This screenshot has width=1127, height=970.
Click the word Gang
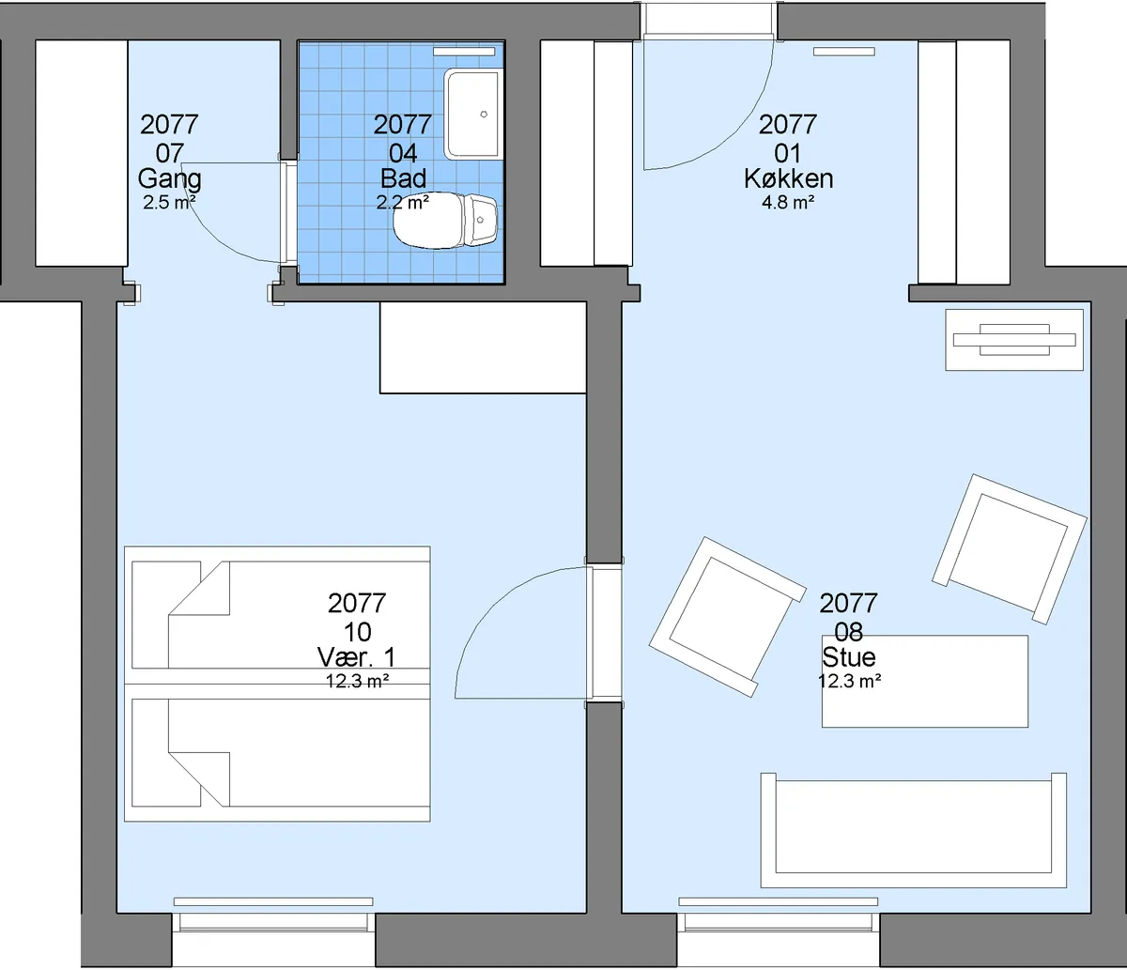[170, 179]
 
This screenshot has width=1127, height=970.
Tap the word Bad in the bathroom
[403, 178]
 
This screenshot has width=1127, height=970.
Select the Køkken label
[788, 178]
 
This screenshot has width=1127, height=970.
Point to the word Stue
[848, 657]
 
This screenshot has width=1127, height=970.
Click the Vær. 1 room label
[357, 657]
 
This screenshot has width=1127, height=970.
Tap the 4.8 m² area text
[788, 203]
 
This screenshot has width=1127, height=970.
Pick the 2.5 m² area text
[169, 203]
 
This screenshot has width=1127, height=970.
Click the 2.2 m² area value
[402, 203]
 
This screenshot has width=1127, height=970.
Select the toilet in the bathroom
[445, 221]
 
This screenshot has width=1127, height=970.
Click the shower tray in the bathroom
[473, 114]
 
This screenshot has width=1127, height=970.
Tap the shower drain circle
[484, 114]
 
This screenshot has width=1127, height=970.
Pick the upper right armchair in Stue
[1010, 549]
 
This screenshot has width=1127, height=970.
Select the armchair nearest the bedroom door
[727, 617]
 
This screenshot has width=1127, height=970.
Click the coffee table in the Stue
[925, 681]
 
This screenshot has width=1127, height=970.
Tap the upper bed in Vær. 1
[277, 615]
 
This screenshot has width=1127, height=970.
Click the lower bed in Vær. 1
[277, 753]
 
